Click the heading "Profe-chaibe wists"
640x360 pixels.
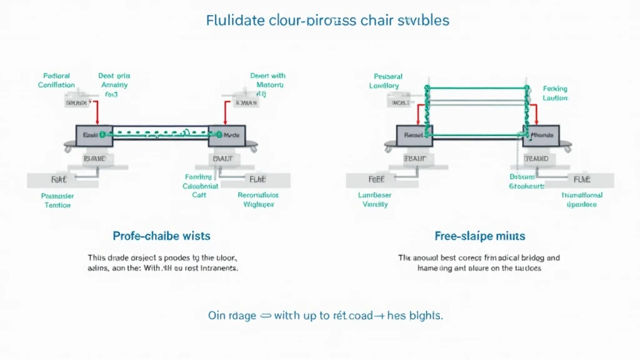pyautogui.click(x=162, y=236)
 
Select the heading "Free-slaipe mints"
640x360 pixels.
pyautogui.click(x=479, y=236)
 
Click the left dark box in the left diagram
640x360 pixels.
pyautogui.click(x=94, y=135)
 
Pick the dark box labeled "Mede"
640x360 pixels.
pyautogui.click(x=227, y=135)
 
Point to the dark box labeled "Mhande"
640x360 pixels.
pyautogui.click(x=541, y=135)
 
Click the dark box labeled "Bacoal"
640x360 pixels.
pyautogui.click(x=414, y=135)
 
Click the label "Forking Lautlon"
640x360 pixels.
pyautogui.click(x=554, y=94)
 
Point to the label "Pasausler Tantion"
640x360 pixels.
pyautogui.click(x=57, y=200)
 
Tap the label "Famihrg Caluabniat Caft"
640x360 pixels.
pyautogui.click(x=200, y=186)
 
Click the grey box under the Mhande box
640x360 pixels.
pyautogui.click(x=536, y=159)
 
